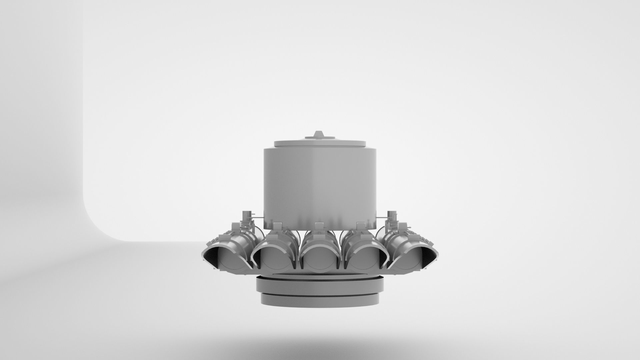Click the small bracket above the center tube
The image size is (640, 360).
pos(319,226)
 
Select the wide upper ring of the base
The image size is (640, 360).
pos(320,285)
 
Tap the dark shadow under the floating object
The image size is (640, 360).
pos(320,337)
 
